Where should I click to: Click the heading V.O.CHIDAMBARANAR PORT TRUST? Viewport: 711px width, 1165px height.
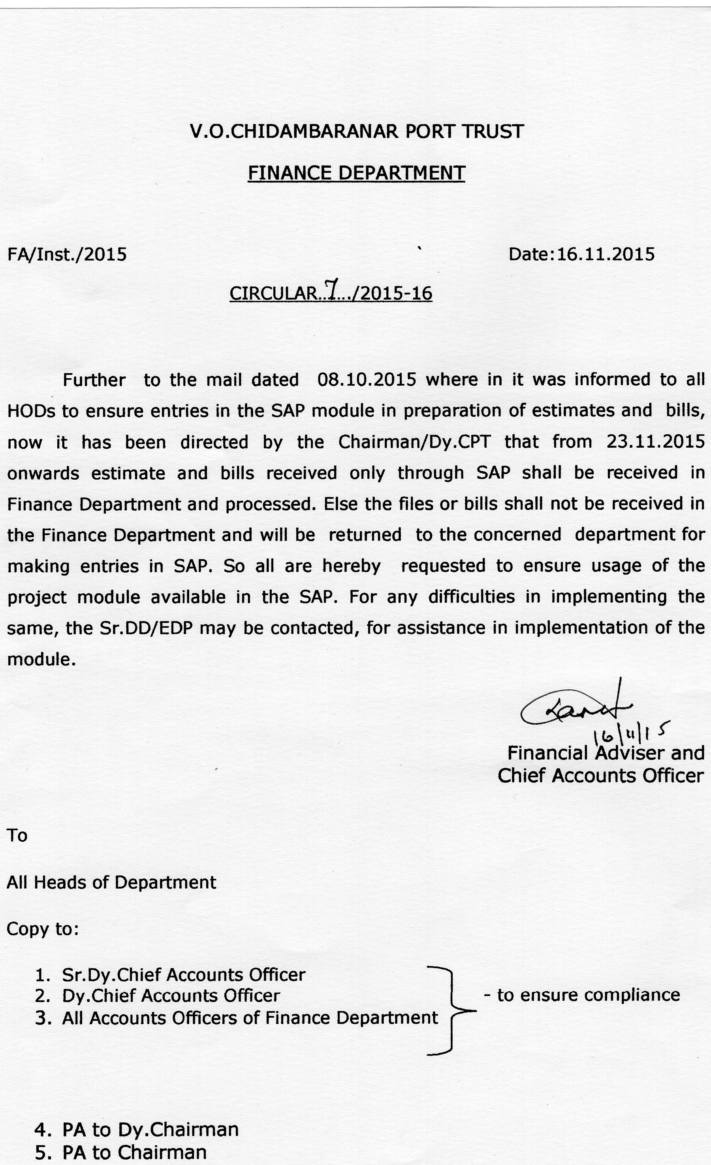point(356,131)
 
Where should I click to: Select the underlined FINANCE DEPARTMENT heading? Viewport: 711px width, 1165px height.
point(356,173)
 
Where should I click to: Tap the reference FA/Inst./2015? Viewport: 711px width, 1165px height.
point(67,254)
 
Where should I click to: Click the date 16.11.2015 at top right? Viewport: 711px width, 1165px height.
point(606,254)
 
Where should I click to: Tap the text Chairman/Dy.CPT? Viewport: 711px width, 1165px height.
point(414,442)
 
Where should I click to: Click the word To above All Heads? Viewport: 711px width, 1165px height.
point(17,835)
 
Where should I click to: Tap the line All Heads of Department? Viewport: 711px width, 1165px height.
point(111,882)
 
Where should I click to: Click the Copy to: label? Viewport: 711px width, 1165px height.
point(42,929)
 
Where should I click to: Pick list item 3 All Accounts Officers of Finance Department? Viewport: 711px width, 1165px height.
point(249,1017)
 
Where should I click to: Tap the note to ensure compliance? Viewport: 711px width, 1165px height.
point(582,995)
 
